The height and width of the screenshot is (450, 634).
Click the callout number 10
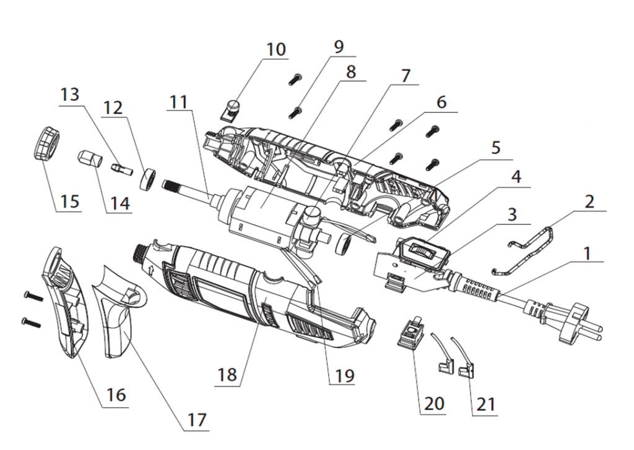[x=276, y=49]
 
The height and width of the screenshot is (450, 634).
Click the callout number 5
[x=496, y=148]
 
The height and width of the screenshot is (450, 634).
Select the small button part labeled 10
[x=232, y=110]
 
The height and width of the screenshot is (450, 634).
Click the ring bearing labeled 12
[x=147, y=180]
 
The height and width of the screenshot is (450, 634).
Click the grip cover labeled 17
[x=118, y=315]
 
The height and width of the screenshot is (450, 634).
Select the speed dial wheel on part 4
[x=421, y=252]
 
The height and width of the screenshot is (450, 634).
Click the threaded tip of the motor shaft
[x=175, y=184]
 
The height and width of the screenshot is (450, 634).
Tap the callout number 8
[x=350, y=72]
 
